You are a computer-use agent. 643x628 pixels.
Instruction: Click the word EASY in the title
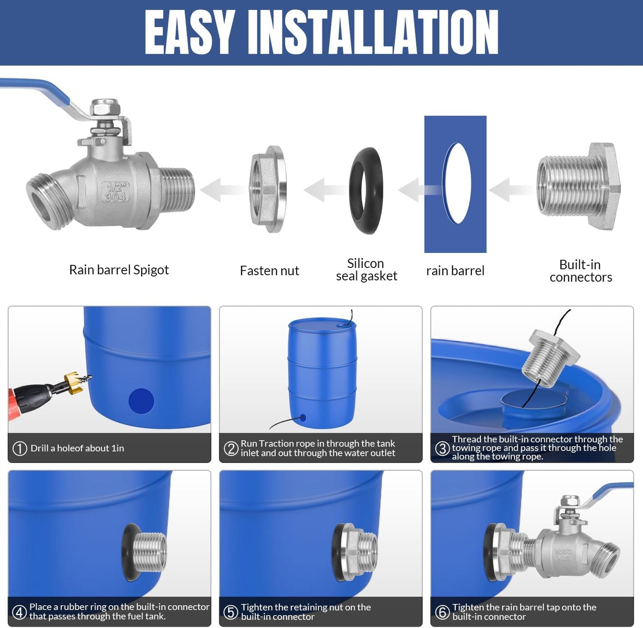pyautogui.click(x=190, y=32)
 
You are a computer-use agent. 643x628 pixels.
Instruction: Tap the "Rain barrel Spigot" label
pyautogui.click(x=119, y=270)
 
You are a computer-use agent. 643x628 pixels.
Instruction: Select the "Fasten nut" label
pyautogui.click(x=269, y=271)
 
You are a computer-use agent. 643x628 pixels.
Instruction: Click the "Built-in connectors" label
pyautogui.click(x=580, y=271)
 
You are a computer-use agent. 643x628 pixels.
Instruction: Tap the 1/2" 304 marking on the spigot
pyautogui.click(x=115, y=192)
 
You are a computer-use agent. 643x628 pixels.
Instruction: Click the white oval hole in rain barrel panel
pyautogui.click(x=457, y=183)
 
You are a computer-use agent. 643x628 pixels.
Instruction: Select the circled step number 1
pyautogui.click(x=20, y=448)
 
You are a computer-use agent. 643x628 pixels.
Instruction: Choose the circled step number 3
pyautogui.click(x=442, y=448)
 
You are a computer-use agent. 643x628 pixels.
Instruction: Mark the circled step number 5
pyautogui.click(x=231, y=612)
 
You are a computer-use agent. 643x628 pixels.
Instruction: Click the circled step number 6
pyautogui.click(x=442, y=612)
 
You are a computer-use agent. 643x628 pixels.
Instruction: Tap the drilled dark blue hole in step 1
pyautogui.click(x=141, y=401)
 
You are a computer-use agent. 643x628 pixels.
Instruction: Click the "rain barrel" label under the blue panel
pyautogui.click(x=455, y=271)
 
